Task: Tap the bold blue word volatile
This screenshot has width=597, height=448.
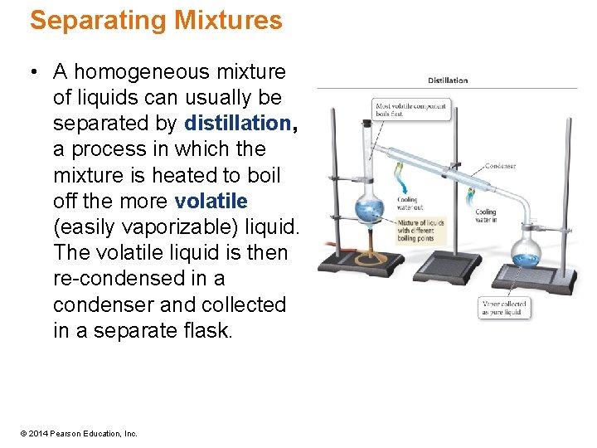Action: [211, 202]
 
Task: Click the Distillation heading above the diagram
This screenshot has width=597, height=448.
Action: [448, 80]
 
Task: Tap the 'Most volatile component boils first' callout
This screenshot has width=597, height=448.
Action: [411, 110]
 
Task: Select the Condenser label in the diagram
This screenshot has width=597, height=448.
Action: [500, 166]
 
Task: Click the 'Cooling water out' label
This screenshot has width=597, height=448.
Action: [408, 203]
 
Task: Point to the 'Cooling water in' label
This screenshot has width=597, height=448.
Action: [486, 215]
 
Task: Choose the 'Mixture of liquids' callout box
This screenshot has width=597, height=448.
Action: [421, 231]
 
